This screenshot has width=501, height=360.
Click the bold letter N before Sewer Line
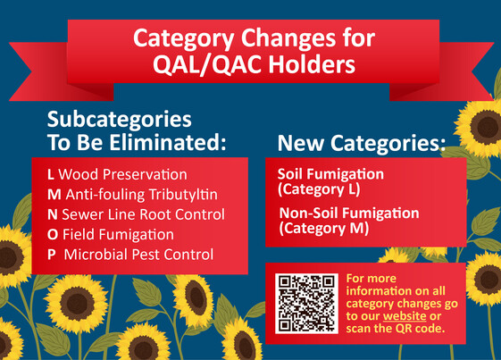(x=52, y=214)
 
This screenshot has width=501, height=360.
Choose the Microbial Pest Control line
(x=138, y=255)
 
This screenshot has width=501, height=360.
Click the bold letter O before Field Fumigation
(x=52, y=235)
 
